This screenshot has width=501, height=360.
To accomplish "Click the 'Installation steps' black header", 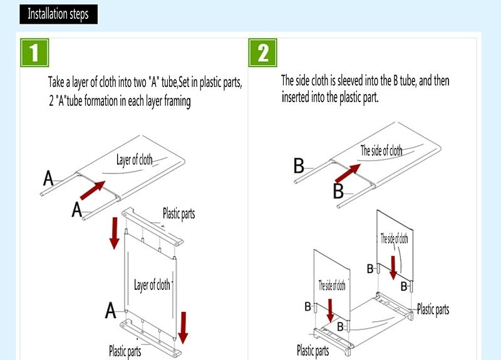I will [58, 14].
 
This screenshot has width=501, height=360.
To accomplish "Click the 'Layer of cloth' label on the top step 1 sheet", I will [134, 160].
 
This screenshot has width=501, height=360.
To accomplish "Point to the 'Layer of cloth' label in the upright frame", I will [152, 285].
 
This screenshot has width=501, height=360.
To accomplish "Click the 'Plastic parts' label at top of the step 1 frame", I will [178, 214].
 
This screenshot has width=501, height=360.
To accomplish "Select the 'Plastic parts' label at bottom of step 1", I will [125, 351].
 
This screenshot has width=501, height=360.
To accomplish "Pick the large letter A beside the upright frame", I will [110, 309].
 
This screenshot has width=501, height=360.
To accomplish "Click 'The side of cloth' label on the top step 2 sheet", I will [381, 151].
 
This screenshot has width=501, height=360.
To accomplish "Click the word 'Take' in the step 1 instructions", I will [58, 83].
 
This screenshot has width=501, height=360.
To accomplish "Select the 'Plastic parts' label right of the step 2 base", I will [433, 309].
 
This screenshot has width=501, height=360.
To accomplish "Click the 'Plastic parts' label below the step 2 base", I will [313, 351].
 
